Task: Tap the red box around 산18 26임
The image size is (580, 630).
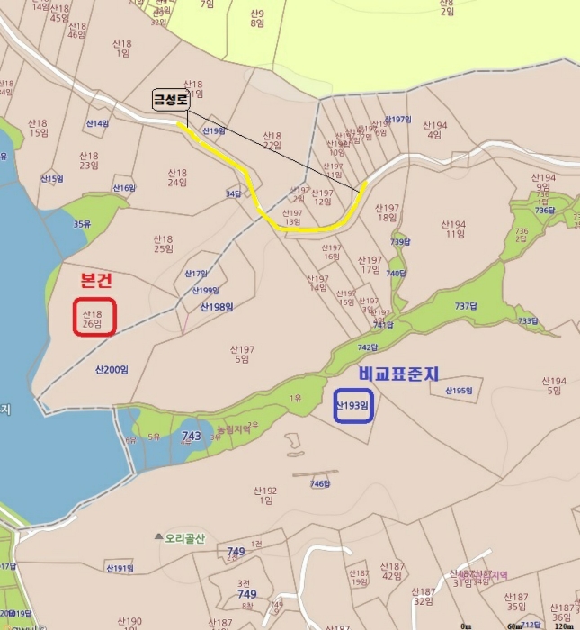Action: [94, 317]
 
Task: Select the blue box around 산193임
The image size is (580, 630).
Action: [352, 405]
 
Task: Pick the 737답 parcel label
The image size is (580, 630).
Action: [466, 306]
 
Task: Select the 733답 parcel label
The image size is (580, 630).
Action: [528, 321]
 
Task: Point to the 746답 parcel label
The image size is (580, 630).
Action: [321, 484]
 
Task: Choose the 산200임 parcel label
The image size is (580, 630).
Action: [112, 370]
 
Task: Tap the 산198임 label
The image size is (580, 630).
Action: [217, 307]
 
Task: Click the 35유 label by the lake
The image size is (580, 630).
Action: [83, 224]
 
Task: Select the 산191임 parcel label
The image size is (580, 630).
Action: [120, 568]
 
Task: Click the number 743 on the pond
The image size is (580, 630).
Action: [192, 436]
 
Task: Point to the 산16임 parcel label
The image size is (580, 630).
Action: [123, 188]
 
